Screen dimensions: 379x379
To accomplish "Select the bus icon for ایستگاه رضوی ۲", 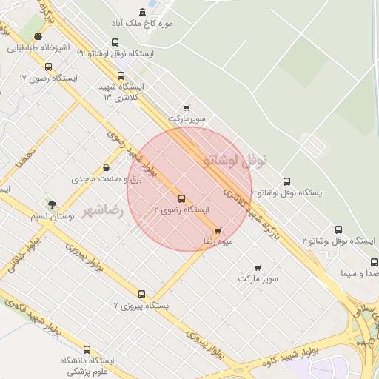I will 182,198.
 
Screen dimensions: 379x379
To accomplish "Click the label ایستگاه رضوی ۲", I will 181,210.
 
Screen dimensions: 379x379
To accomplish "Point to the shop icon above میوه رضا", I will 217,232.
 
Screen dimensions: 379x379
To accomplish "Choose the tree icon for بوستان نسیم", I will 51,204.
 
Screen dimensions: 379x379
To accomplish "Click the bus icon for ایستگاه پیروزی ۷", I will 141,294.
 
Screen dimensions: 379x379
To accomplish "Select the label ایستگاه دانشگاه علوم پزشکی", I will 87,366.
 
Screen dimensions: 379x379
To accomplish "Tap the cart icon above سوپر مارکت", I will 258,267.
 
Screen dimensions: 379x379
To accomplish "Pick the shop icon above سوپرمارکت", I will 186,107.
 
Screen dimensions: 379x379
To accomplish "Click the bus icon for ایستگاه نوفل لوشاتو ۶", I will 287,181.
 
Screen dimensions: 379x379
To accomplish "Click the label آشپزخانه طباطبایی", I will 38,49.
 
